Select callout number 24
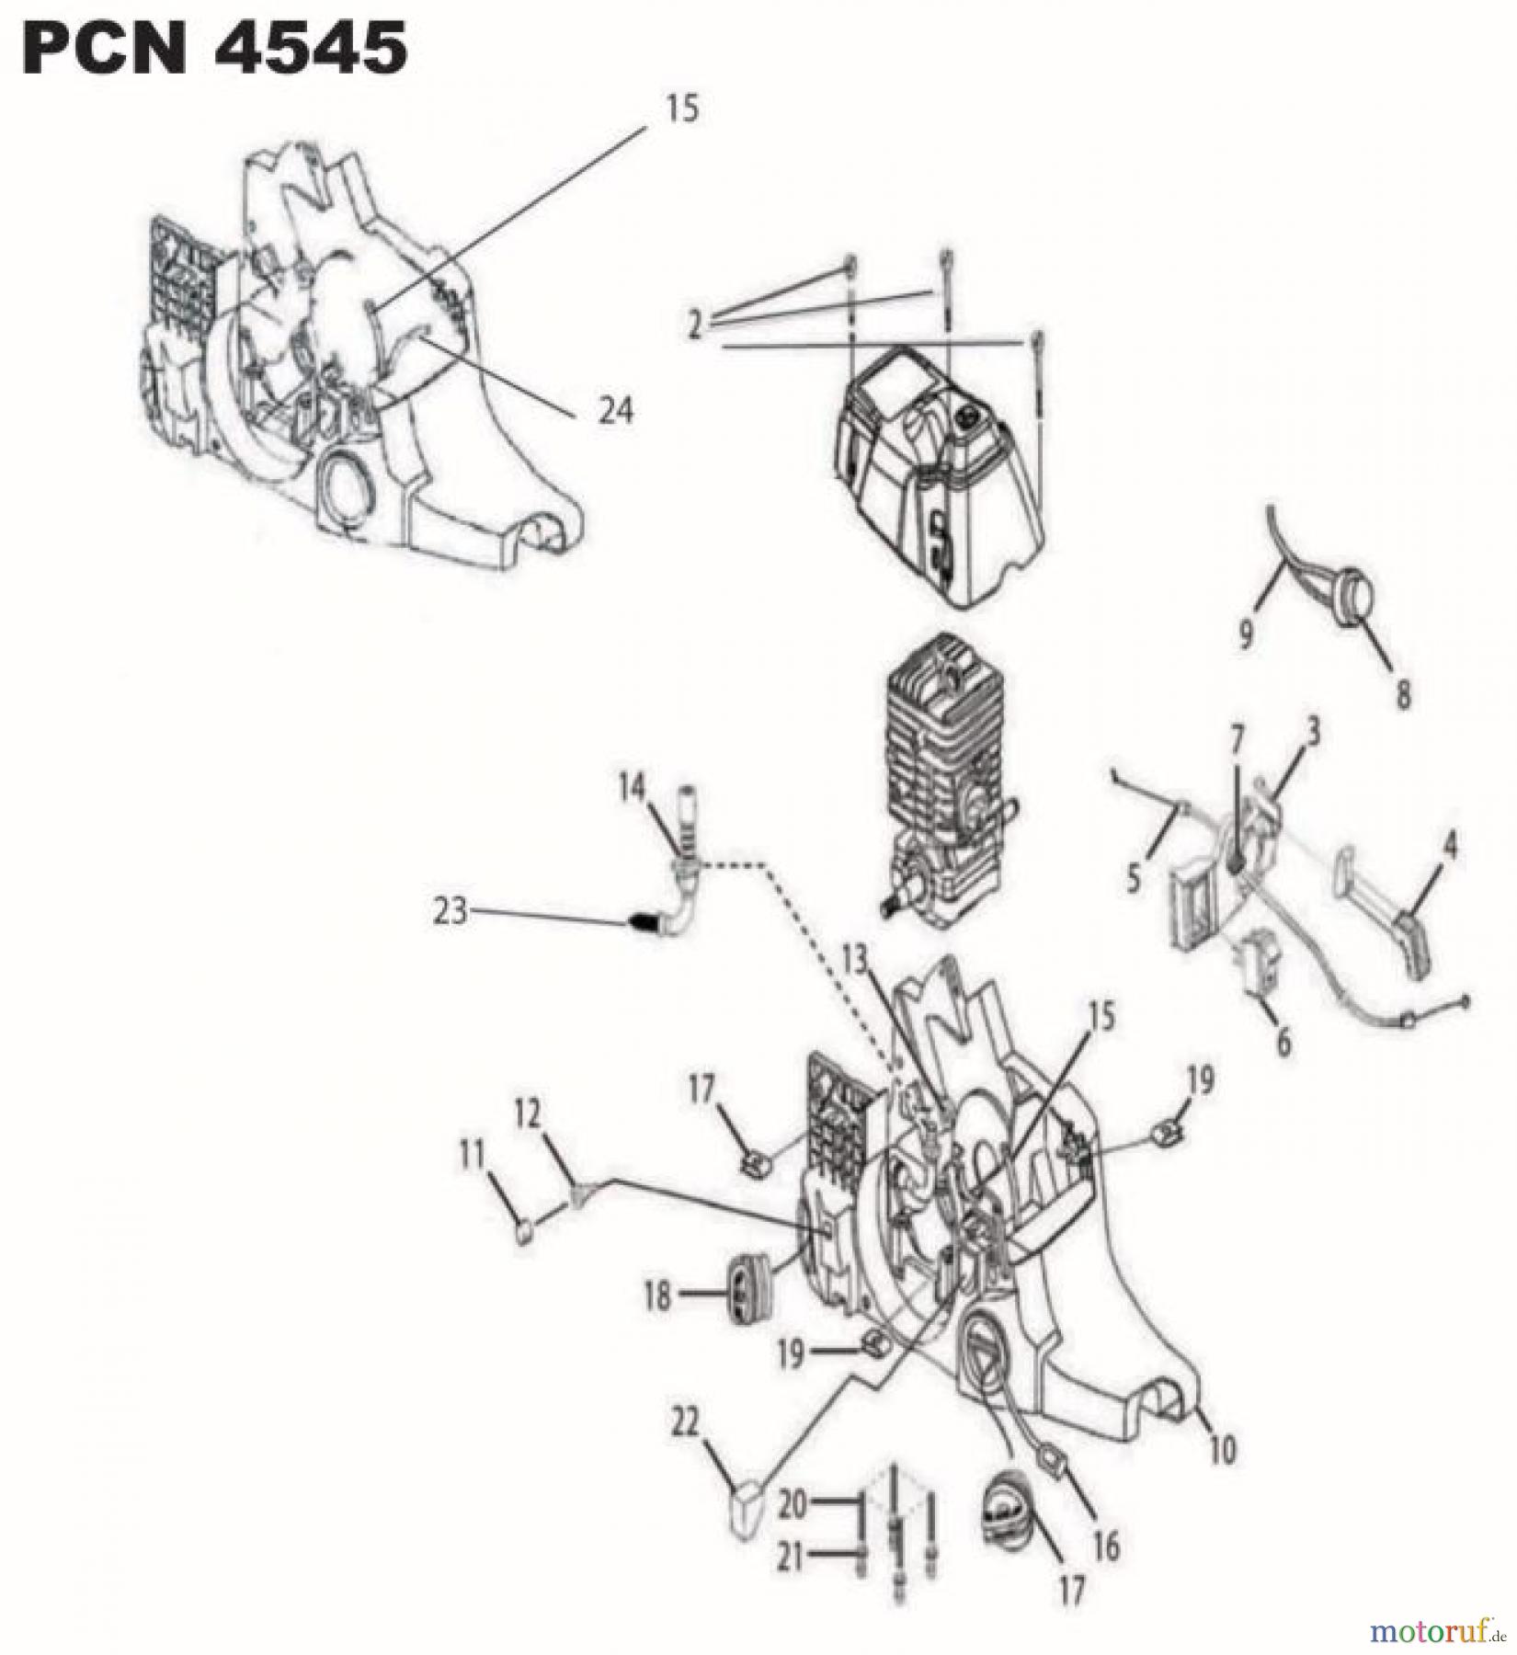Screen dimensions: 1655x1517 click(x=615, y=411)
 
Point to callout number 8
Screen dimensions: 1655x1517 click(x=1403, y=694)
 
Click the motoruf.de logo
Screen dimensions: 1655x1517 click(x=1438, y=1632)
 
